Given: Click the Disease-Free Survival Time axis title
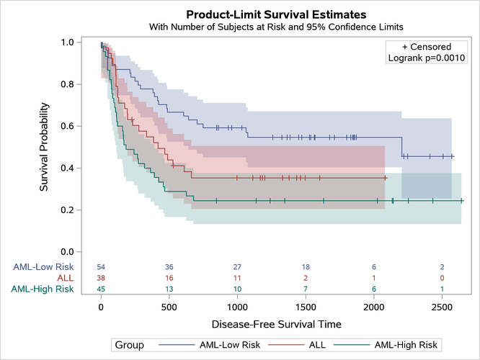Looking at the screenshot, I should point(276,323).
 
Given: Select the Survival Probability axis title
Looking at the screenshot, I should point(45,147).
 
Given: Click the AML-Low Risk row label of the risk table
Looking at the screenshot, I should point(43,266).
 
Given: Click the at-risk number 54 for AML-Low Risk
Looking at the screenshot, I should point(101,267).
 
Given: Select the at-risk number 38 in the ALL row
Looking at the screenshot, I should point(101,278).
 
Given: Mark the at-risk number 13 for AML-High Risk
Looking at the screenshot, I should point(169,289).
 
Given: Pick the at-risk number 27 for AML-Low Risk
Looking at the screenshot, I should point(237,267).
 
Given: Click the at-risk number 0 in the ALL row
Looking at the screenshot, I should point(442,278).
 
